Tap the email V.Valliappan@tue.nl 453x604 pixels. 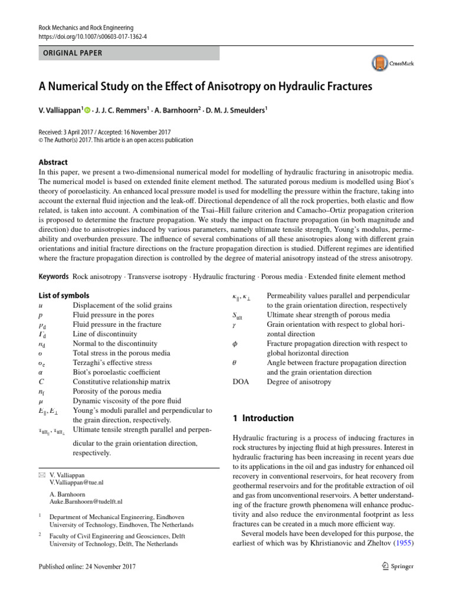tap(77, 482)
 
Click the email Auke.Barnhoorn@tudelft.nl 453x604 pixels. tap(86, 502)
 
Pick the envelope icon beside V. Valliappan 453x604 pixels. tap(41, 474)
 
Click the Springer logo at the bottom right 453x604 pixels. tap(398, 567)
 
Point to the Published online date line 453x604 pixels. tap(87, 567)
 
